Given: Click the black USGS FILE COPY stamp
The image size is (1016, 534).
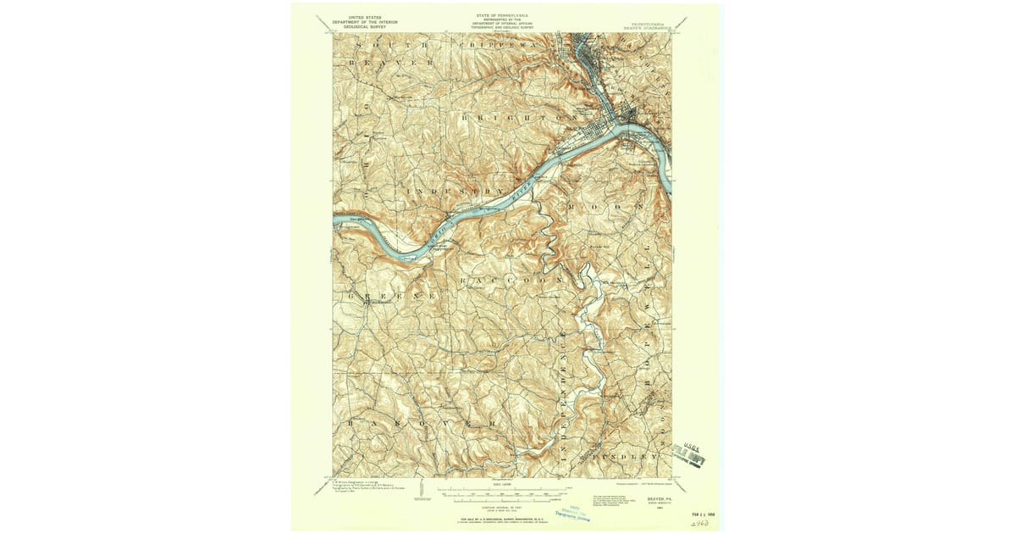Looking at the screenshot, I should click(x=689, y=454).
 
